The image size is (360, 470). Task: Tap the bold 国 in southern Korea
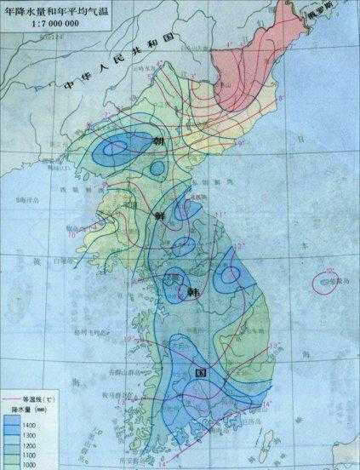[202, 372]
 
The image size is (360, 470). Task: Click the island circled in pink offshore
[323, 280]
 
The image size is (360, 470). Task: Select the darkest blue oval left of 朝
[111, 152]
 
